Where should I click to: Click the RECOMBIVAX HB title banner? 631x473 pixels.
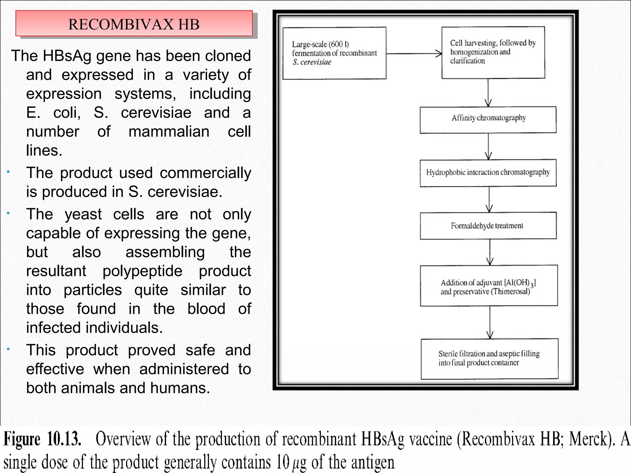(x=134, y=24)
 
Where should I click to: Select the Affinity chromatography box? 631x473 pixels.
(x=488, y=120)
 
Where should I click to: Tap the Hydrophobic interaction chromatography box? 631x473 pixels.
(x=488, y=173)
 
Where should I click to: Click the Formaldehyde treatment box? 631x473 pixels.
(x=488, y=226)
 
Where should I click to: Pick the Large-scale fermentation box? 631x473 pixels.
(x=334, y=53)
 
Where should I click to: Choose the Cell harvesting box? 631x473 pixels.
(x=493, y=53)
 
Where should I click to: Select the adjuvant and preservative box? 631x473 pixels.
(x=489, y=285)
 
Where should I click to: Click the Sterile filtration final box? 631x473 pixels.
(x=489, y=359)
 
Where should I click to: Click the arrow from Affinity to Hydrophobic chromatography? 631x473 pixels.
(x=488, y=147)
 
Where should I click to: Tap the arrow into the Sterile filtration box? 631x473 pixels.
(x=490, y=322)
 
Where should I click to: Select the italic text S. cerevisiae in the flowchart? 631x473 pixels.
(x=312, y=62)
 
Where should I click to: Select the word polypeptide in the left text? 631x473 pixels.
(x=142, y=271)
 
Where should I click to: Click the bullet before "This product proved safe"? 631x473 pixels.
(x=9, y=349)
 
